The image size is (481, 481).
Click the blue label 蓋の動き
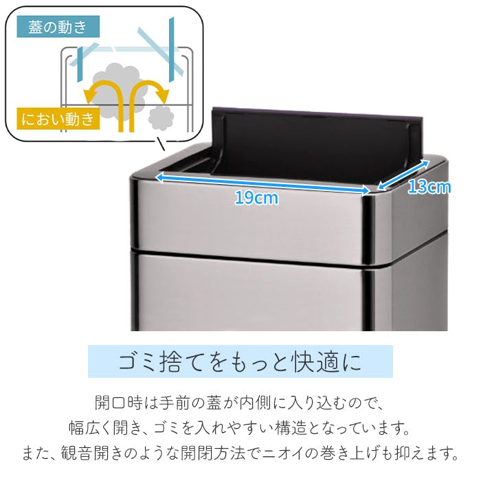[58, 27]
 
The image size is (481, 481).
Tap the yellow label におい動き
[58, 118]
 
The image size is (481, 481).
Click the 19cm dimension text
[257, 198]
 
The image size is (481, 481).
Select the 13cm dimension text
[429, 186]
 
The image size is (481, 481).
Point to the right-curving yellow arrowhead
[163, 96]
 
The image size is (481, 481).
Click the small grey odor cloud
[161, 118]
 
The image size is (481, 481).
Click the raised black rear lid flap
[317, 144]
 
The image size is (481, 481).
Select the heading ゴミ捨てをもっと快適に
[240, 361]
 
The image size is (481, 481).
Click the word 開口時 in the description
[119, 403]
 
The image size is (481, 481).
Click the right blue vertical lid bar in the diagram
[172, 49]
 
